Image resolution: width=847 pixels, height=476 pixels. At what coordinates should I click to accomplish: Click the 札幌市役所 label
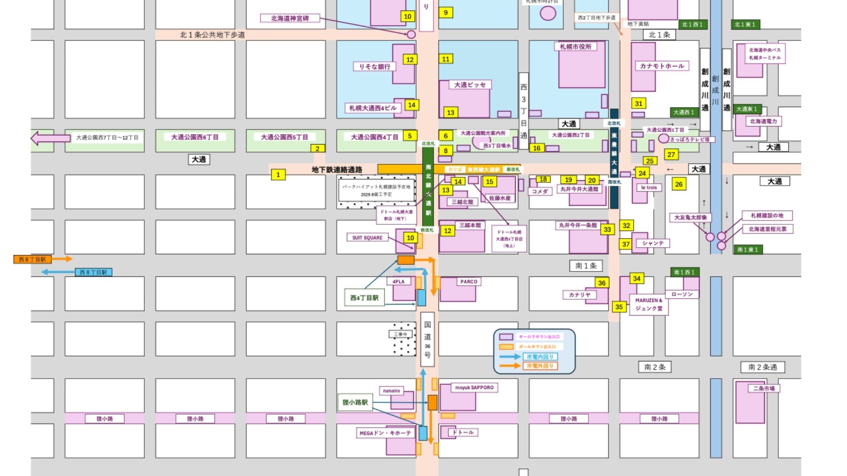click(576, 47)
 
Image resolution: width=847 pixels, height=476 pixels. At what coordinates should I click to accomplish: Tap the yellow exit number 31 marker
click(638, 104)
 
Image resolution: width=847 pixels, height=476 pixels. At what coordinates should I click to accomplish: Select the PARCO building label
click(468, 282)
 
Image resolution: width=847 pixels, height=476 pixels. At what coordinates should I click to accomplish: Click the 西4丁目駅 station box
click(364, 298)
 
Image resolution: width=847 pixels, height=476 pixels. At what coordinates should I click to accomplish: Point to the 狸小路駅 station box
click(355, 402)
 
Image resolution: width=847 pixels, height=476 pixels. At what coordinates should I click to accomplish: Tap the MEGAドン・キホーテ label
click(385, 433)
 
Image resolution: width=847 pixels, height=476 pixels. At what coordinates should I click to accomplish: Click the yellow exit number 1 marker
click(278, 175)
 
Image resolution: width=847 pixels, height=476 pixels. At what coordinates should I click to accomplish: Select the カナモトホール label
click(662, 66)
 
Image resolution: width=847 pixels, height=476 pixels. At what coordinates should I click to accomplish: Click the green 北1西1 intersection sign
click(692, 25)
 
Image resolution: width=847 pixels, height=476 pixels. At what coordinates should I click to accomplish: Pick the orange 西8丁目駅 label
click(32, 260)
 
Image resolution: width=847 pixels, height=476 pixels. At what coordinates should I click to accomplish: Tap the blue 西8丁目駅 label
click(93, 272)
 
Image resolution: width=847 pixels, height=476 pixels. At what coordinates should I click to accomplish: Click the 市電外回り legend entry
click(540, 366)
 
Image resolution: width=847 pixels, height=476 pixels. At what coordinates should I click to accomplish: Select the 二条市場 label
click(764, 389)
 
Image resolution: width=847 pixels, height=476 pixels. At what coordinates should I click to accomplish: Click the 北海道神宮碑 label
click(289, 19)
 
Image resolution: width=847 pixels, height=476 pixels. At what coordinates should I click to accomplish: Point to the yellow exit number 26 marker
click(678, 184)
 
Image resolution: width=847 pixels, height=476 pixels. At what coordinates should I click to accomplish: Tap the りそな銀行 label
click(375, 67)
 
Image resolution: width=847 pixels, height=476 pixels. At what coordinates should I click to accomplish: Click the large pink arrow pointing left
click(50, 138)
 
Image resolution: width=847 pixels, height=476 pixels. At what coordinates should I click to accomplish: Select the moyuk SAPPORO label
click(474, 388)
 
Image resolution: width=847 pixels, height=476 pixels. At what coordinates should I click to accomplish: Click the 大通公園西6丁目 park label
click(195, 138)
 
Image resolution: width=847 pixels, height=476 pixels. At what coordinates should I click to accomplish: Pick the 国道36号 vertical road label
click(427, 339)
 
